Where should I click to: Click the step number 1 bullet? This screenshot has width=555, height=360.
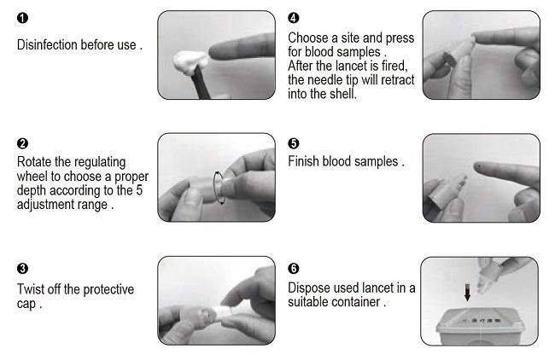pos(22,18)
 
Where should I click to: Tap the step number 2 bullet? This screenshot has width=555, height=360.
pos(22,143)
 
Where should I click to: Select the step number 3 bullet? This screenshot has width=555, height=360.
pos(22,269)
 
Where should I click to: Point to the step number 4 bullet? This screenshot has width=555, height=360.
pos(294,18)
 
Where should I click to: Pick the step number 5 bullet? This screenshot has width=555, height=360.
pos(294,143)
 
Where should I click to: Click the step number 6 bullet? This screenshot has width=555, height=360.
pos(294,269)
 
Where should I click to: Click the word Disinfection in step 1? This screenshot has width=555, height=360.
pos(48,45)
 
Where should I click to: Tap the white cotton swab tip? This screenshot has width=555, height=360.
pos(190,61)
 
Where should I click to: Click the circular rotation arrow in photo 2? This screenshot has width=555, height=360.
pos(213,188)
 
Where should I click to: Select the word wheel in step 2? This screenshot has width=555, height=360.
pos(32,176)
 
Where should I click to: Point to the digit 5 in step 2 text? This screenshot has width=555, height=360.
pos(139,190)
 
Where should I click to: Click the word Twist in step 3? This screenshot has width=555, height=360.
pos(31,289)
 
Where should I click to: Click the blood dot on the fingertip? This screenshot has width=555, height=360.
pos(479,165)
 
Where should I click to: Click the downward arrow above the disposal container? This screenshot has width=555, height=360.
pos(467,293)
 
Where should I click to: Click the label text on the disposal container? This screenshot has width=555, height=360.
pos(481,321)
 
